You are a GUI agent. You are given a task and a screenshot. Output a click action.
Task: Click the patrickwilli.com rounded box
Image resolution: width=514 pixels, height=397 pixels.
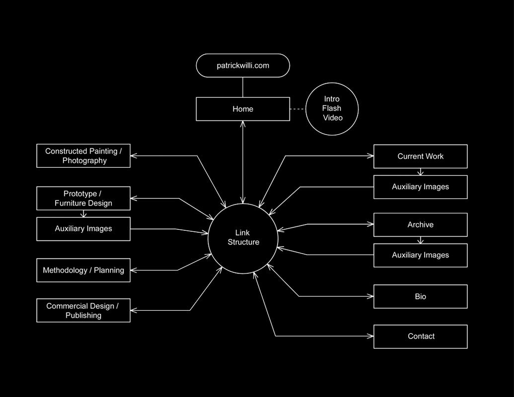[x=243, y=66]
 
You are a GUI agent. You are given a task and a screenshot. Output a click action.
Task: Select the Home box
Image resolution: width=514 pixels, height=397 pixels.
[x=243, y=109]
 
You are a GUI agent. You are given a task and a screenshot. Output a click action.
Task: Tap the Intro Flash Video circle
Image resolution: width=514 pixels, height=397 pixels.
[x=332, y=109]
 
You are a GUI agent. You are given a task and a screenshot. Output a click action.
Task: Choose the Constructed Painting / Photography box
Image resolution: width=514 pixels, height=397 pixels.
[x=83, y=156]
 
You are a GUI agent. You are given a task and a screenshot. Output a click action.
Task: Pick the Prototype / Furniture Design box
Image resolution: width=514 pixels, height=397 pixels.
[x=83, y=198]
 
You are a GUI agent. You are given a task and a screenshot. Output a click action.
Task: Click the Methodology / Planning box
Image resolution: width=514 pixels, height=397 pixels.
[x=83, y=270]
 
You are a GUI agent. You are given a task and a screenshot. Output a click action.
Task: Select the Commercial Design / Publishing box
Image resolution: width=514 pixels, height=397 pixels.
[x=83, y=311]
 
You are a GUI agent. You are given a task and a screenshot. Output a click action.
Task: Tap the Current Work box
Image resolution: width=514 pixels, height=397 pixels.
[x=420, y=156]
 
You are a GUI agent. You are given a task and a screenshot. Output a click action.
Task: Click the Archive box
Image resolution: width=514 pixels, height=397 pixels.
[x=420, y=225]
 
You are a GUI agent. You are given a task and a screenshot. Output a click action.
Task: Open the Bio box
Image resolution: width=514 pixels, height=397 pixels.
[x=420, y=297]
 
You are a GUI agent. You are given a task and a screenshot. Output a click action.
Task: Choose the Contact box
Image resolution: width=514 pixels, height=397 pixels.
[x=420, y=336]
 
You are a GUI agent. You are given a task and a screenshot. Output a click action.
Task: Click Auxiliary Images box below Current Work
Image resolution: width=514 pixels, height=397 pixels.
[x=420, y=187]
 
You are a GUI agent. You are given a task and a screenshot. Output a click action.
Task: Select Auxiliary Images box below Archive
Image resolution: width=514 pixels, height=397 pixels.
[x=420, y=256]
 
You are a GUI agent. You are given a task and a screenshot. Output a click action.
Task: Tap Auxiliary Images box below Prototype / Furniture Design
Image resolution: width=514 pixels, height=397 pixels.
[x=83, y=229]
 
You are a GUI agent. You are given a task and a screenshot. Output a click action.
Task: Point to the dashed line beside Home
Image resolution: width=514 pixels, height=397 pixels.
[x=297, y=109]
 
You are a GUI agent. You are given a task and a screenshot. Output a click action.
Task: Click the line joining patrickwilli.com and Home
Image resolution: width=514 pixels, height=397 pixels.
[x=243, y=87]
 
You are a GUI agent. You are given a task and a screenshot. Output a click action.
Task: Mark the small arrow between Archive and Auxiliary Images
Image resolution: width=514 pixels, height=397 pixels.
[x=421, y=240]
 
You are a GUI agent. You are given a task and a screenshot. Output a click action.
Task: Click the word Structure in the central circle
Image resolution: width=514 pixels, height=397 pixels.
[x=243, y=242]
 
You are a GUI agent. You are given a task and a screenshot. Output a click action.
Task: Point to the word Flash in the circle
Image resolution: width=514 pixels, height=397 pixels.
[x=332, y=109]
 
